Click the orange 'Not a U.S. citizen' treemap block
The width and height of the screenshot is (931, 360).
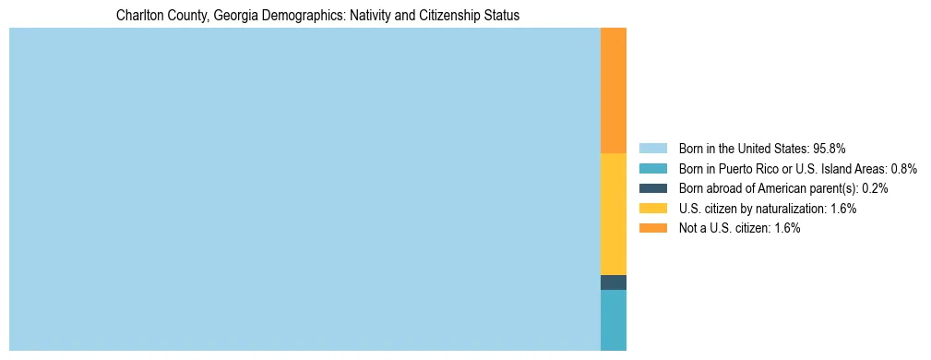tap(614, 90)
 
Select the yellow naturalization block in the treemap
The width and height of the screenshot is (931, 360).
tap(614, 214)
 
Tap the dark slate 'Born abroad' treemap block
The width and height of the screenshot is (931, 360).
tap(614, 282)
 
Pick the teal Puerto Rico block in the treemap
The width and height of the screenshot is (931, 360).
tap(614, 320)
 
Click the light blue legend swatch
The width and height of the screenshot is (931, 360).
tap(652, 148)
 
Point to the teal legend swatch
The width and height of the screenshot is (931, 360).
tap(652, 168)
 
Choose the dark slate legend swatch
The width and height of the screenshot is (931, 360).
tap(652, 188)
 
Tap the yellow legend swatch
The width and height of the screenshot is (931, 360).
tap(652, 209)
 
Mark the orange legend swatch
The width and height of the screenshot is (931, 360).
tap(652, 229)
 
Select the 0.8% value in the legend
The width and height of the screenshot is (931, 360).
tap(904, 168)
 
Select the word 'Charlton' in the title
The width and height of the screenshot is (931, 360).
tap(137, 16)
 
